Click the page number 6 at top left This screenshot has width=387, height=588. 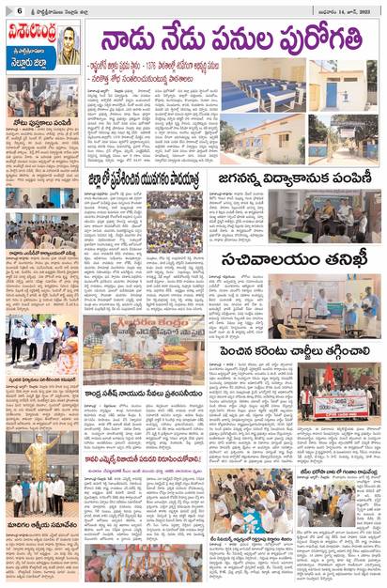click(8, 8)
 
